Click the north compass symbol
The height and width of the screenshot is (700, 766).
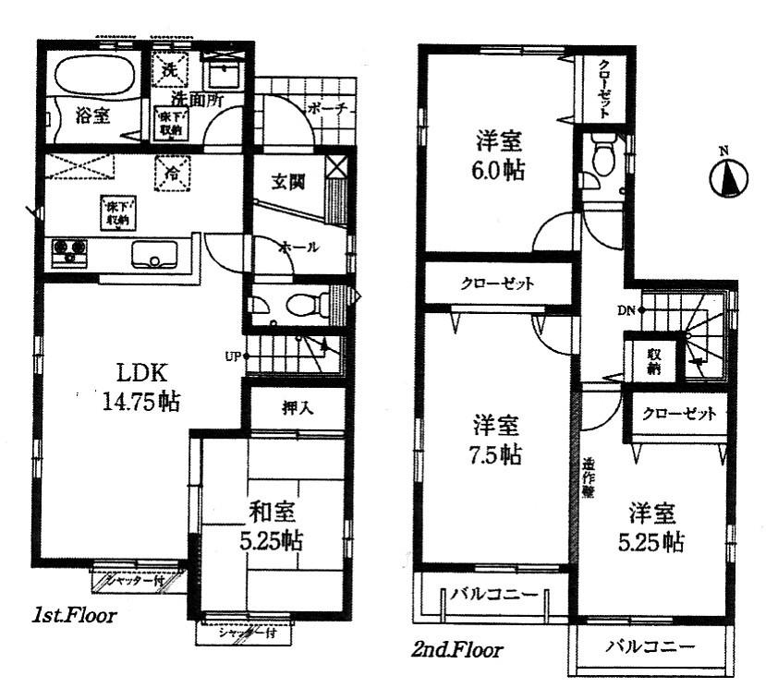click(x=730, y=176)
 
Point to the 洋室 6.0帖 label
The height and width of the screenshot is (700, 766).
click(x=500, y=156)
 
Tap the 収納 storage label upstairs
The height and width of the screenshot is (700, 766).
click(x=654, y=361)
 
